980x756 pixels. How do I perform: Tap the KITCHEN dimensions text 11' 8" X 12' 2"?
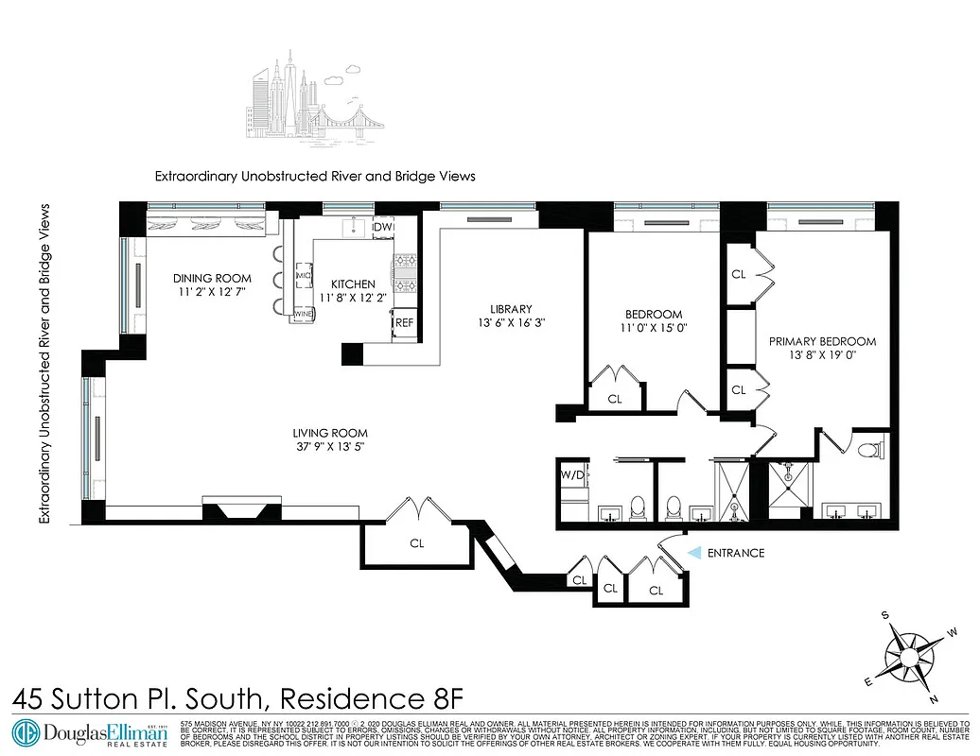[x=353, y=299]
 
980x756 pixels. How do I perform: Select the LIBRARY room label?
[x=511, y=309]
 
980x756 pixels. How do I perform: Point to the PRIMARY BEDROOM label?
[x=822, y=341]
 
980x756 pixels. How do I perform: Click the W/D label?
[x=571, y=475]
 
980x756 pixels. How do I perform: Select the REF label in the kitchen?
[x=404, y=322]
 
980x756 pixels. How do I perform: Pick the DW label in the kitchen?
[x=382, y=227]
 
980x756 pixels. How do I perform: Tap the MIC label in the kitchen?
[x=304, y=275]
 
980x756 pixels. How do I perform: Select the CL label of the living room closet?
[x=416, y=543]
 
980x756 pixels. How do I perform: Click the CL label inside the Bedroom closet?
[x=615, y=399]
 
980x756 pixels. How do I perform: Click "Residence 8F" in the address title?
[x=373, y=699]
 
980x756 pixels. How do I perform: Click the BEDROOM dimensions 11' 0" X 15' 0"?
[x=653, y=329]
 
